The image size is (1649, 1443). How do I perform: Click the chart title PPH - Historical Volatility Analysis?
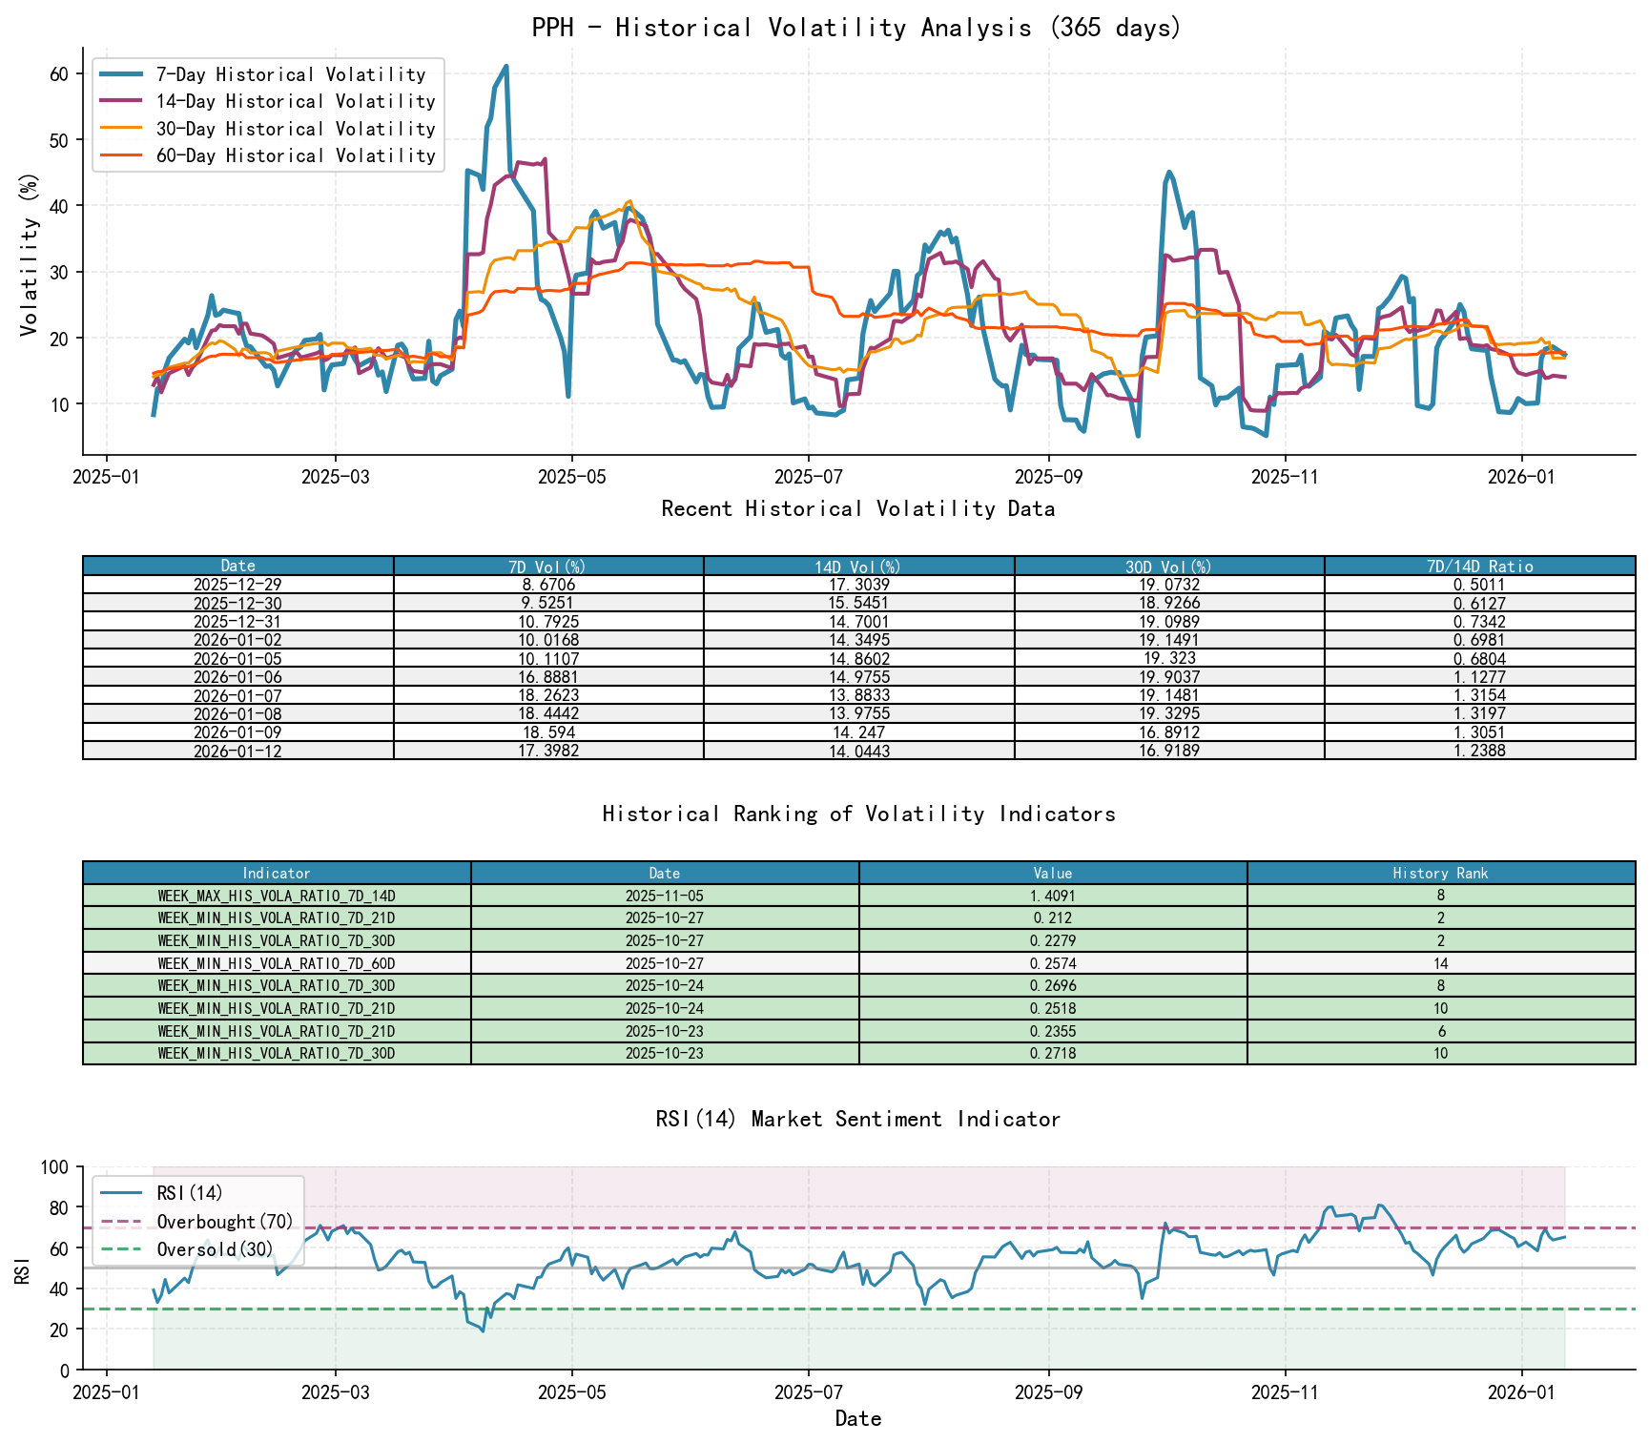(x=856, y=28)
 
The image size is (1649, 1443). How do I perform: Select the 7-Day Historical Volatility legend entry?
(x=290, y=74)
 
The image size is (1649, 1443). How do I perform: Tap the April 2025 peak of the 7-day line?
(x=505, y=67)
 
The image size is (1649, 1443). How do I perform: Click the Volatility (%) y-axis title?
(x=29, y=255)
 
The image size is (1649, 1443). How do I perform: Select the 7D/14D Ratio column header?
(x=1479, y=566)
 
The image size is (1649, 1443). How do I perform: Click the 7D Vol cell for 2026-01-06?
(x=547, y=677)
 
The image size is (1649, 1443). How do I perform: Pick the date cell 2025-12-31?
(x=237, y=622)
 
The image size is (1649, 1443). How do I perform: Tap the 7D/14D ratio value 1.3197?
(x=1479, y=714)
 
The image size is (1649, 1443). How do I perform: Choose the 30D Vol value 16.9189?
(x=1168, y=752)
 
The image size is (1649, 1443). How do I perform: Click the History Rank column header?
(x=1440, y=873)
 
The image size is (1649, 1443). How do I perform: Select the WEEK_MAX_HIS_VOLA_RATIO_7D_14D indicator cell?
(x=277, y=896)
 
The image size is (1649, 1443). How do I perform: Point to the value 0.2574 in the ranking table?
(x=1053, y=963)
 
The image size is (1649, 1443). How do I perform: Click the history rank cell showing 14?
(x=1440, y=963)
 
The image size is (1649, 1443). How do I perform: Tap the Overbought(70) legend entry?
(x=225, y=1222)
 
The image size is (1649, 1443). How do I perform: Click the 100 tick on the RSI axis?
(x=55, y=1167)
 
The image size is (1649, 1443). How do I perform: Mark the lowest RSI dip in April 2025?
(x=483, y=1330)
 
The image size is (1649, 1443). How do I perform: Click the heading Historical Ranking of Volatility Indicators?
(x=858, y=814)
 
